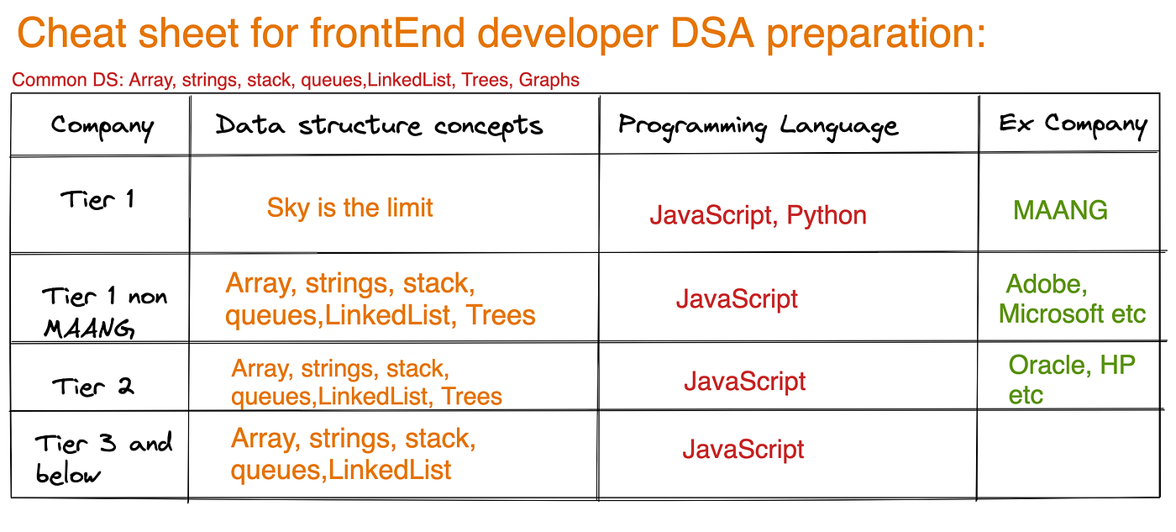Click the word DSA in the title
712,33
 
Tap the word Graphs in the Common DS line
549,80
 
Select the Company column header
102,127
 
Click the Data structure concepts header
379,127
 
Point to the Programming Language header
758,127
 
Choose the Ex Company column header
1073,125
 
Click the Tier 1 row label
97,199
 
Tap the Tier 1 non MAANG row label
104,313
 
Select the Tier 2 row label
93,387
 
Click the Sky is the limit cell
349,208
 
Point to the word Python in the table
827,216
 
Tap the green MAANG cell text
1060,210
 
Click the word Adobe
1047,285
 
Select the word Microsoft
1051,314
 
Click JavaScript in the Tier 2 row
744,382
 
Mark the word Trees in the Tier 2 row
471,397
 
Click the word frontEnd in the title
387,33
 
